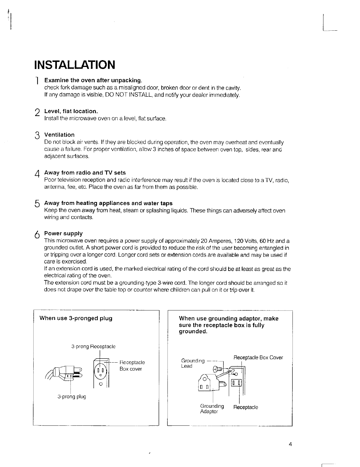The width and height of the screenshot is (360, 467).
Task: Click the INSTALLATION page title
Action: click(74, 65)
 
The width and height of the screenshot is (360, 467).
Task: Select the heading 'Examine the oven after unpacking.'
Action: click(93, 80)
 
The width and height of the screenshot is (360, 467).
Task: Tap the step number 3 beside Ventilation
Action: click(37, 136)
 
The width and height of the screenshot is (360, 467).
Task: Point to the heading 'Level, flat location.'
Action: click(71, 111)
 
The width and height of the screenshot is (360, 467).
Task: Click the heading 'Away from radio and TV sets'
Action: click(85, 172)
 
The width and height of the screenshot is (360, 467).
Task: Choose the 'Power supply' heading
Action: click(63, 233)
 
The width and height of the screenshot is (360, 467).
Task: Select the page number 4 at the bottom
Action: click(290, 445)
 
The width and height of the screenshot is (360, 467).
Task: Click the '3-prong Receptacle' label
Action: click(93, 346)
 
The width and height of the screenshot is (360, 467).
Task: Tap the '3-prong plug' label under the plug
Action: click(72, 397)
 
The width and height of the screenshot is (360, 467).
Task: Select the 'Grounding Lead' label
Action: click(193, 363)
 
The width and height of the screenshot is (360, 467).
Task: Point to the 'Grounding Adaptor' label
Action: click(212, 409)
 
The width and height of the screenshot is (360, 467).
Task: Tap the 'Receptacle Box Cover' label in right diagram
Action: click(258, 358)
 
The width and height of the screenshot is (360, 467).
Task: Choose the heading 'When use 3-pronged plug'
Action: click(76, 318)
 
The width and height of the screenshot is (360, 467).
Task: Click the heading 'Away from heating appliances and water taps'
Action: click(108, 203)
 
